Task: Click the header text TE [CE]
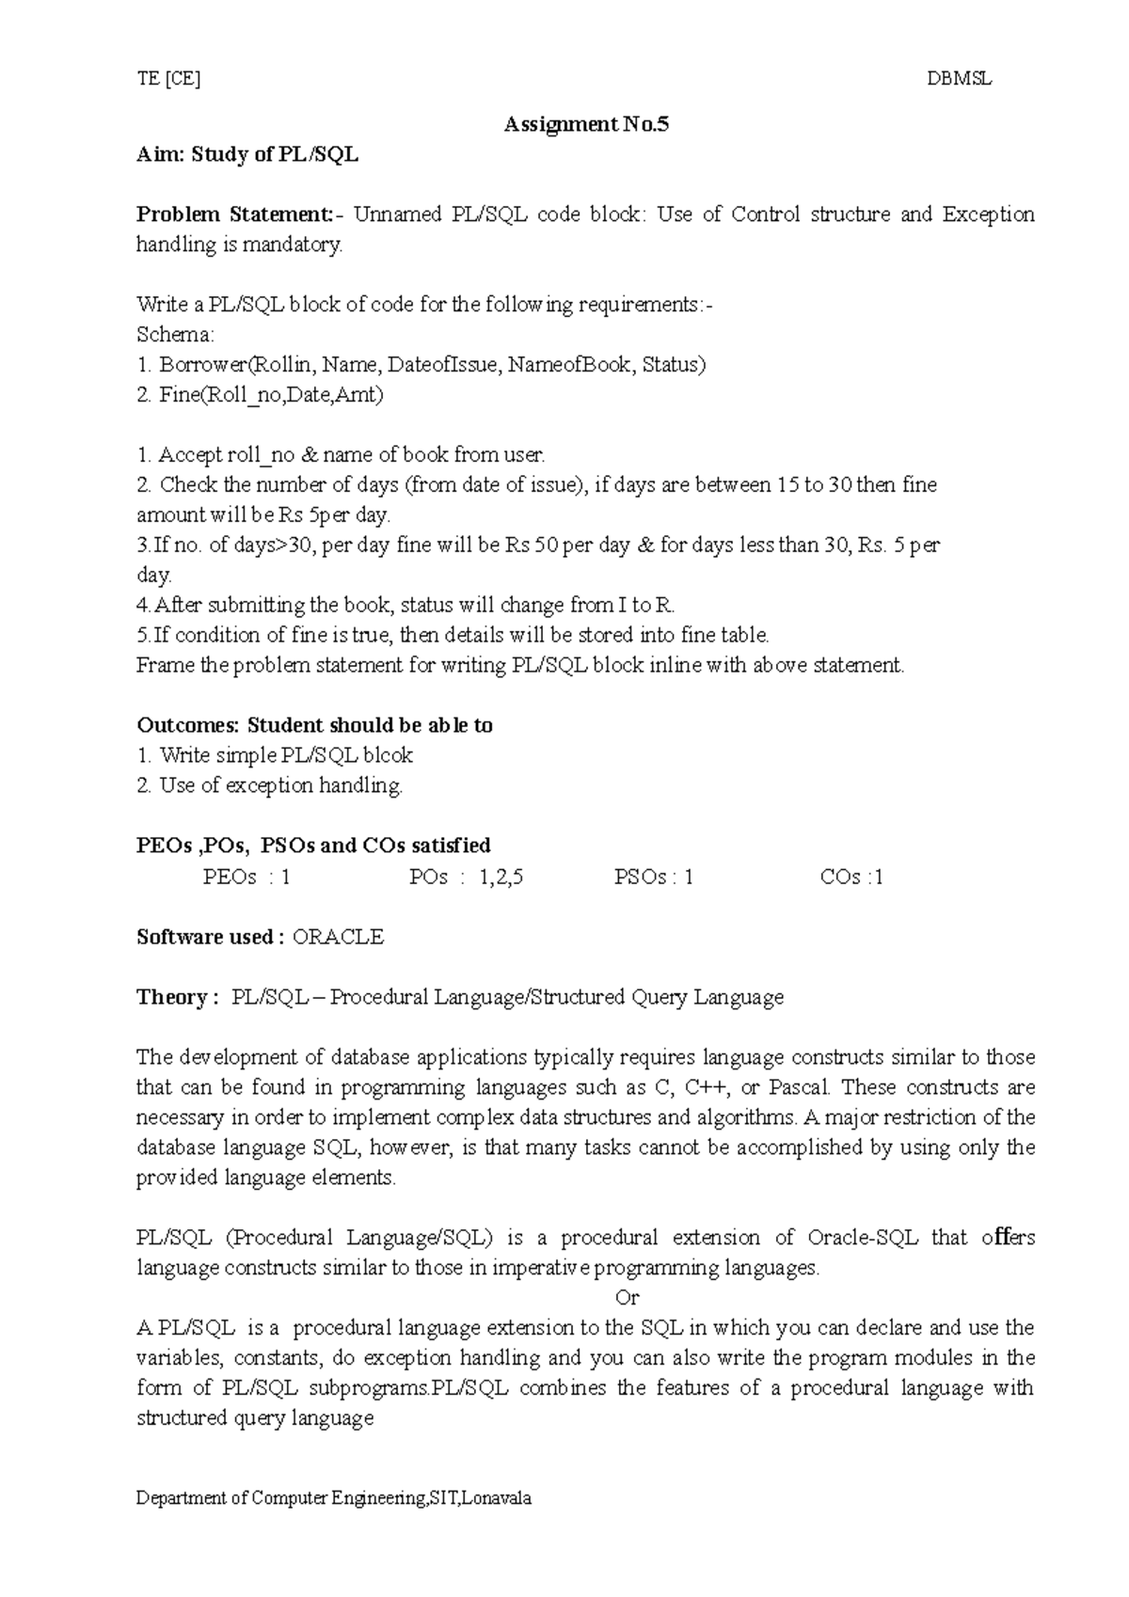pyautogui.click(x=168, y=80)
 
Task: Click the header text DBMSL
pyautogui.click(x=959, y=80)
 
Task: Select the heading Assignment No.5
pyautogui.click(x=586, y=124)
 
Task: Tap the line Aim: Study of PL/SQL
pyautogui.click(x=247, y=154)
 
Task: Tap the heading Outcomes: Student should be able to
pyautogui.click(x=314, y=725)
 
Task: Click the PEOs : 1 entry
pyautogui.click(x=246, y=878)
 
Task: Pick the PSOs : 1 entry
pyautogui.click(x=653, y=878)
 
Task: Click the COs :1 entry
pyautogui.click(x=851, y=878)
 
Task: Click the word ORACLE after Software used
pyautogui.click(x=338, y=937)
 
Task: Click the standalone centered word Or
pyautogui.click(x=627, y=1298)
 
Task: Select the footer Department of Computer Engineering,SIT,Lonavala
pyautogui.click(x=334, y=1499)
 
